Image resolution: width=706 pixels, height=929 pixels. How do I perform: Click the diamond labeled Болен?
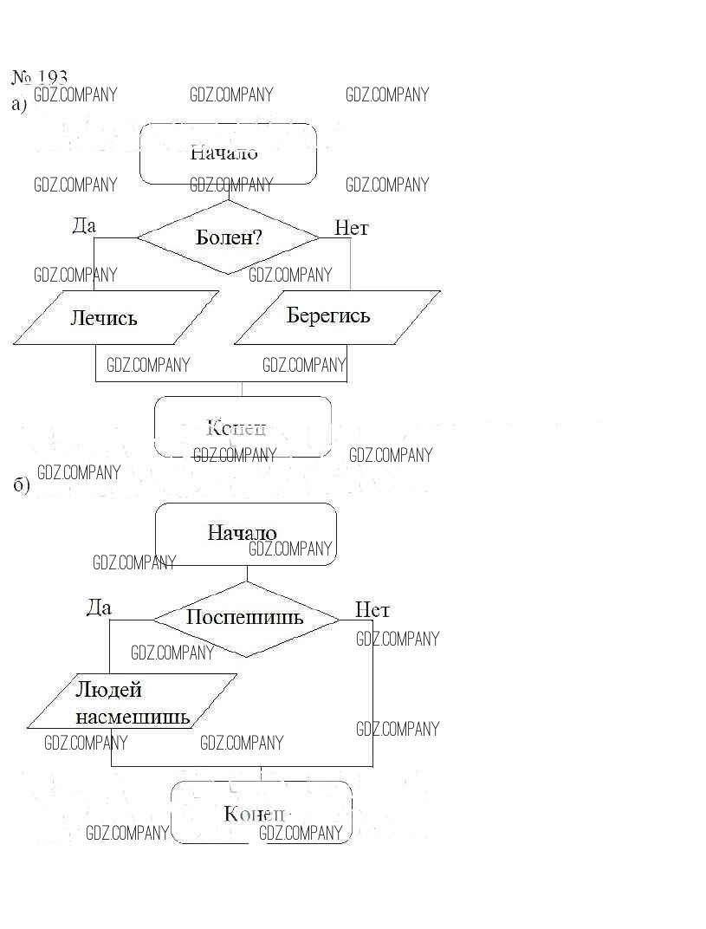[x=229, y=237]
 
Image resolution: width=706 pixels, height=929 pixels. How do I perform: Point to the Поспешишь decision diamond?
[x=245, y=618]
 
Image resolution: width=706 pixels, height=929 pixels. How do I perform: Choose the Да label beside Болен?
[x=84, y=226]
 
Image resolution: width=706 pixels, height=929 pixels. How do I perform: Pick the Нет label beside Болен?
[x=352, y=228]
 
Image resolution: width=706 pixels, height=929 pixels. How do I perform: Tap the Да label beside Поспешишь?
[x=99, y=607]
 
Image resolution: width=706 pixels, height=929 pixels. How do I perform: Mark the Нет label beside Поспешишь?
[x=372, y=610]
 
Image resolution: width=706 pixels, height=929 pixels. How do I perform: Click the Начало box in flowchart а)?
[x=228, y=153]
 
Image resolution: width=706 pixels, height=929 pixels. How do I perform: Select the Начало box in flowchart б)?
[x=245, y=534]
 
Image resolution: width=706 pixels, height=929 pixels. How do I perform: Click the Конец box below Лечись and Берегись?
[x=243, y=426]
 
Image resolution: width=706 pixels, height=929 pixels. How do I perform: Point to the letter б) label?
[x=22, y=484]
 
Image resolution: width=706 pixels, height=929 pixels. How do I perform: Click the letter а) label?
[x=20, y=105]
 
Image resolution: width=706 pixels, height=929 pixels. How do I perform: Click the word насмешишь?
[x=133, y=717]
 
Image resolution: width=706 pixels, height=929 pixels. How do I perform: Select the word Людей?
[x=109, y=690]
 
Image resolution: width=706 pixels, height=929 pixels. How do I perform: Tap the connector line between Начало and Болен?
[x=229, y=192]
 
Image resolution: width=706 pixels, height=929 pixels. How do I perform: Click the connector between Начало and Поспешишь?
[x=247, y=574]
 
